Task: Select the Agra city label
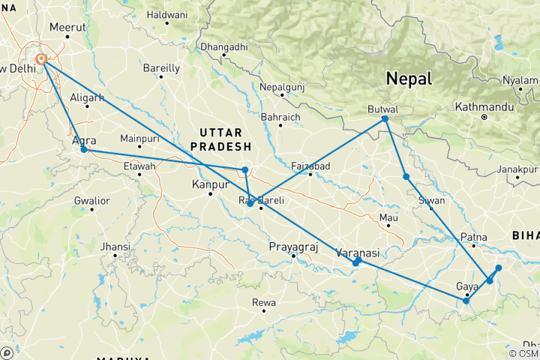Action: (x=83, y=140)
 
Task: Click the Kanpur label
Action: (x=210, y=184)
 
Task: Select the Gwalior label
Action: (x=91, y=200)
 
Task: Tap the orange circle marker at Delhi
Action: (x=43, y=59)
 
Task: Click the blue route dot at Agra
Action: (x=84, y=150)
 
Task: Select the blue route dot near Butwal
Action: (x=385, y=118)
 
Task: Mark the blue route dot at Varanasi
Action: (x=356, y=262)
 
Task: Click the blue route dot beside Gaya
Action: (x=466, y=301)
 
